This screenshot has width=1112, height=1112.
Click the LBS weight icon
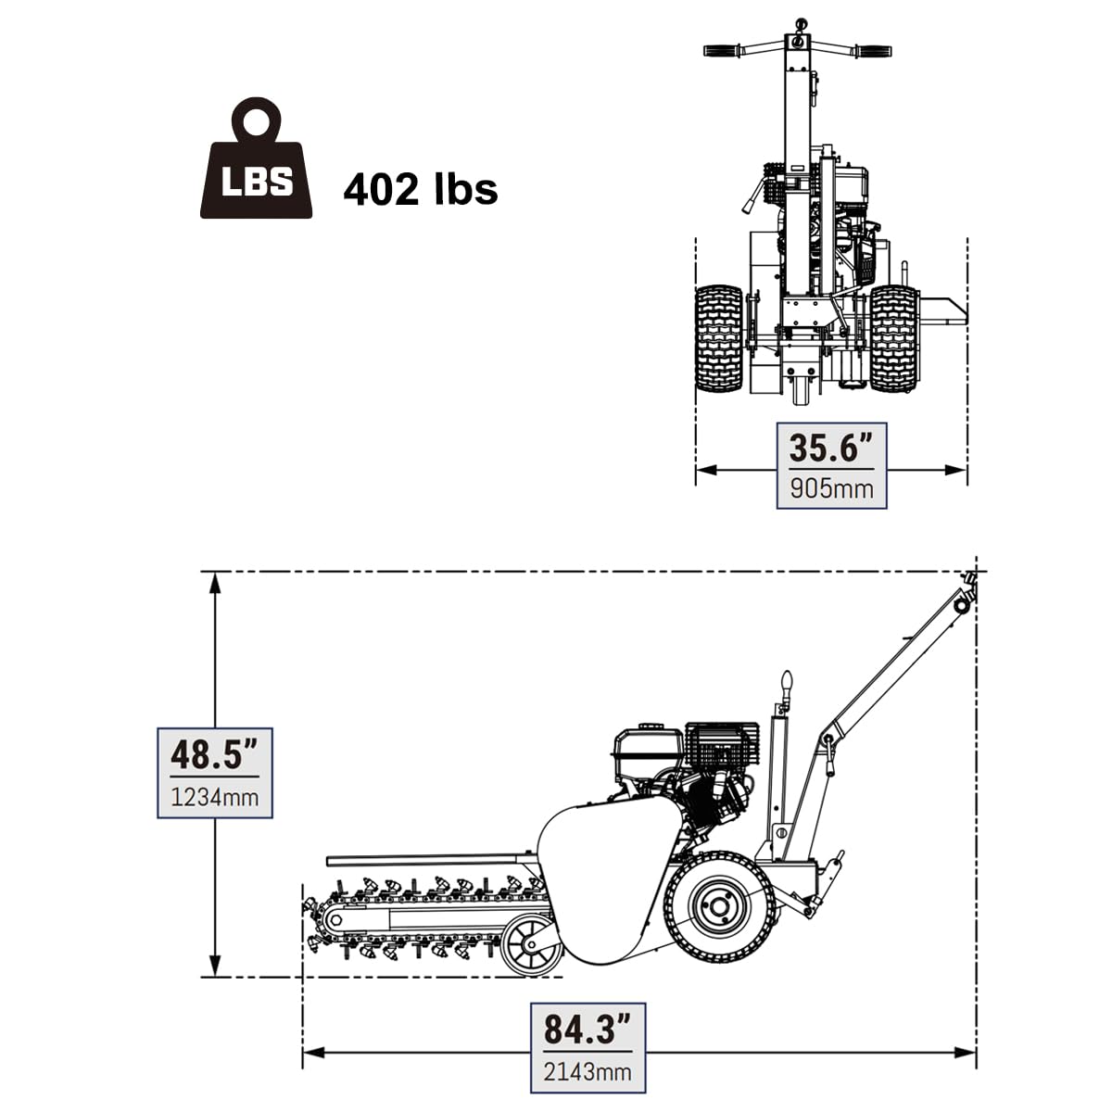[x=256, y=158]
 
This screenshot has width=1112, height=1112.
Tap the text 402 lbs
[x=420, y=189]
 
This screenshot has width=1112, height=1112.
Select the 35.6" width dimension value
[x=830, y=448]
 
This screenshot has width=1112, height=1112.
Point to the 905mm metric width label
[x=831, y=488]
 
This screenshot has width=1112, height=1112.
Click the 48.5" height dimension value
[x=214, y=755]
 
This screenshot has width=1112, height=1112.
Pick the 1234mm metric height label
[x=215, y=798]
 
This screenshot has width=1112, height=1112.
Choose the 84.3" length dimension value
[x=587, y=1029]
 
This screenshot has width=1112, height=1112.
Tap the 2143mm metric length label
[x=588, y=1071]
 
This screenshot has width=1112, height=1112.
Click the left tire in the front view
[x=719, y=338]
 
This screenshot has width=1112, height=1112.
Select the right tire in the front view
[x=894, y=338]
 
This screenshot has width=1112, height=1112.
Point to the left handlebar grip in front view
[x=723, y=50]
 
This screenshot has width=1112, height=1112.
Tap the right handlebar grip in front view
[x=873, y=50]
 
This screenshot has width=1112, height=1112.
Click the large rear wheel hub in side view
[x=718, y=907]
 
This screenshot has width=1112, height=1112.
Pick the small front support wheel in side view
[x=531, y=946]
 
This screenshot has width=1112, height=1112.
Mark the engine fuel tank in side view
[x=649, y=748]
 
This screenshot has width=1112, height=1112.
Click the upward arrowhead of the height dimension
[x=215, y=584]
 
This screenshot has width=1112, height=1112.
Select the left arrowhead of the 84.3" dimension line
[x=314, y=1053]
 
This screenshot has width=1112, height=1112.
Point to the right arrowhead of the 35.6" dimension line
[x=955, y=470]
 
